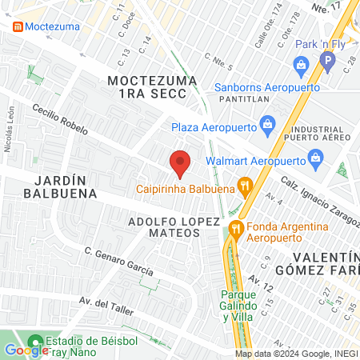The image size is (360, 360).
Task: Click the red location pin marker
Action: click(181, 163)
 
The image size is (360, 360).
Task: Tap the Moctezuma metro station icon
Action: click(17, 26)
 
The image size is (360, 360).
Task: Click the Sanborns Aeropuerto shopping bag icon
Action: click(301, 65)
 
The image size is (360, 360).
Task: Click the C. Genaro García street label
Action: click(119, 261)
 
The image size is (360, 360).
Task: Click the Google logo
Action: click(26, 350)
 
